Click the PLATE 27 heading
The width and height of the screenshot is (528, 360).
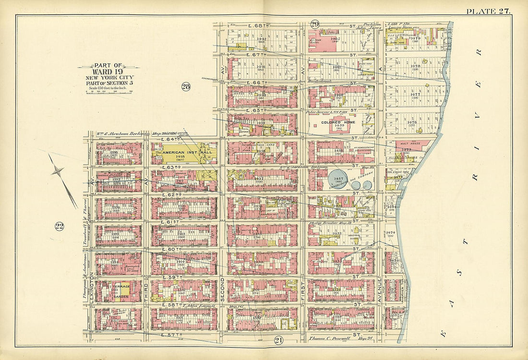click(x=488, y=11)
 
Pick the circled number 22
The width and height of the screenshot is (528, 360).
click(x=60, y=227)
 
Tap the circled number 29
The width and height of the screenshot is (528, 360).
click(x=315, y=24)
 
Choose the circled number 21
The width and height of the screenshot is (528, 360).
click(x=278, y=340)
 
